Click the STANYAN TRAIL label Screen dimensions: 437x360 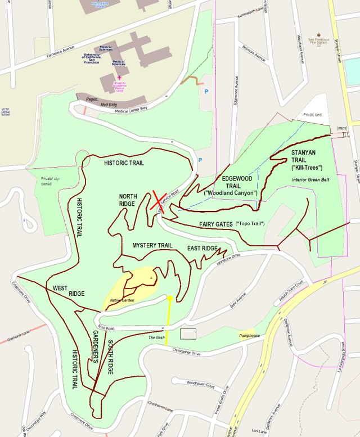307,160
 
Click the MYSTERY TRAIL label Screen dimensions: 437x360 152,246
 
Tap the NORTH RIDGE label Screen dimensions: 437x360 128,200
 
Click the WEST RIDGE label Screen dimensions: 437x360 69,291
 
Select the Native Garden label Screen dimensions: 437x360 123,300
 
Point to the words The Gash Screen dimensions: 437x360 156,338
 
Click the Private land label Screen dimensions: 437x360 312,114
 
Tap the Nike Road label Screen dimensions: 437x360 106,327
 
